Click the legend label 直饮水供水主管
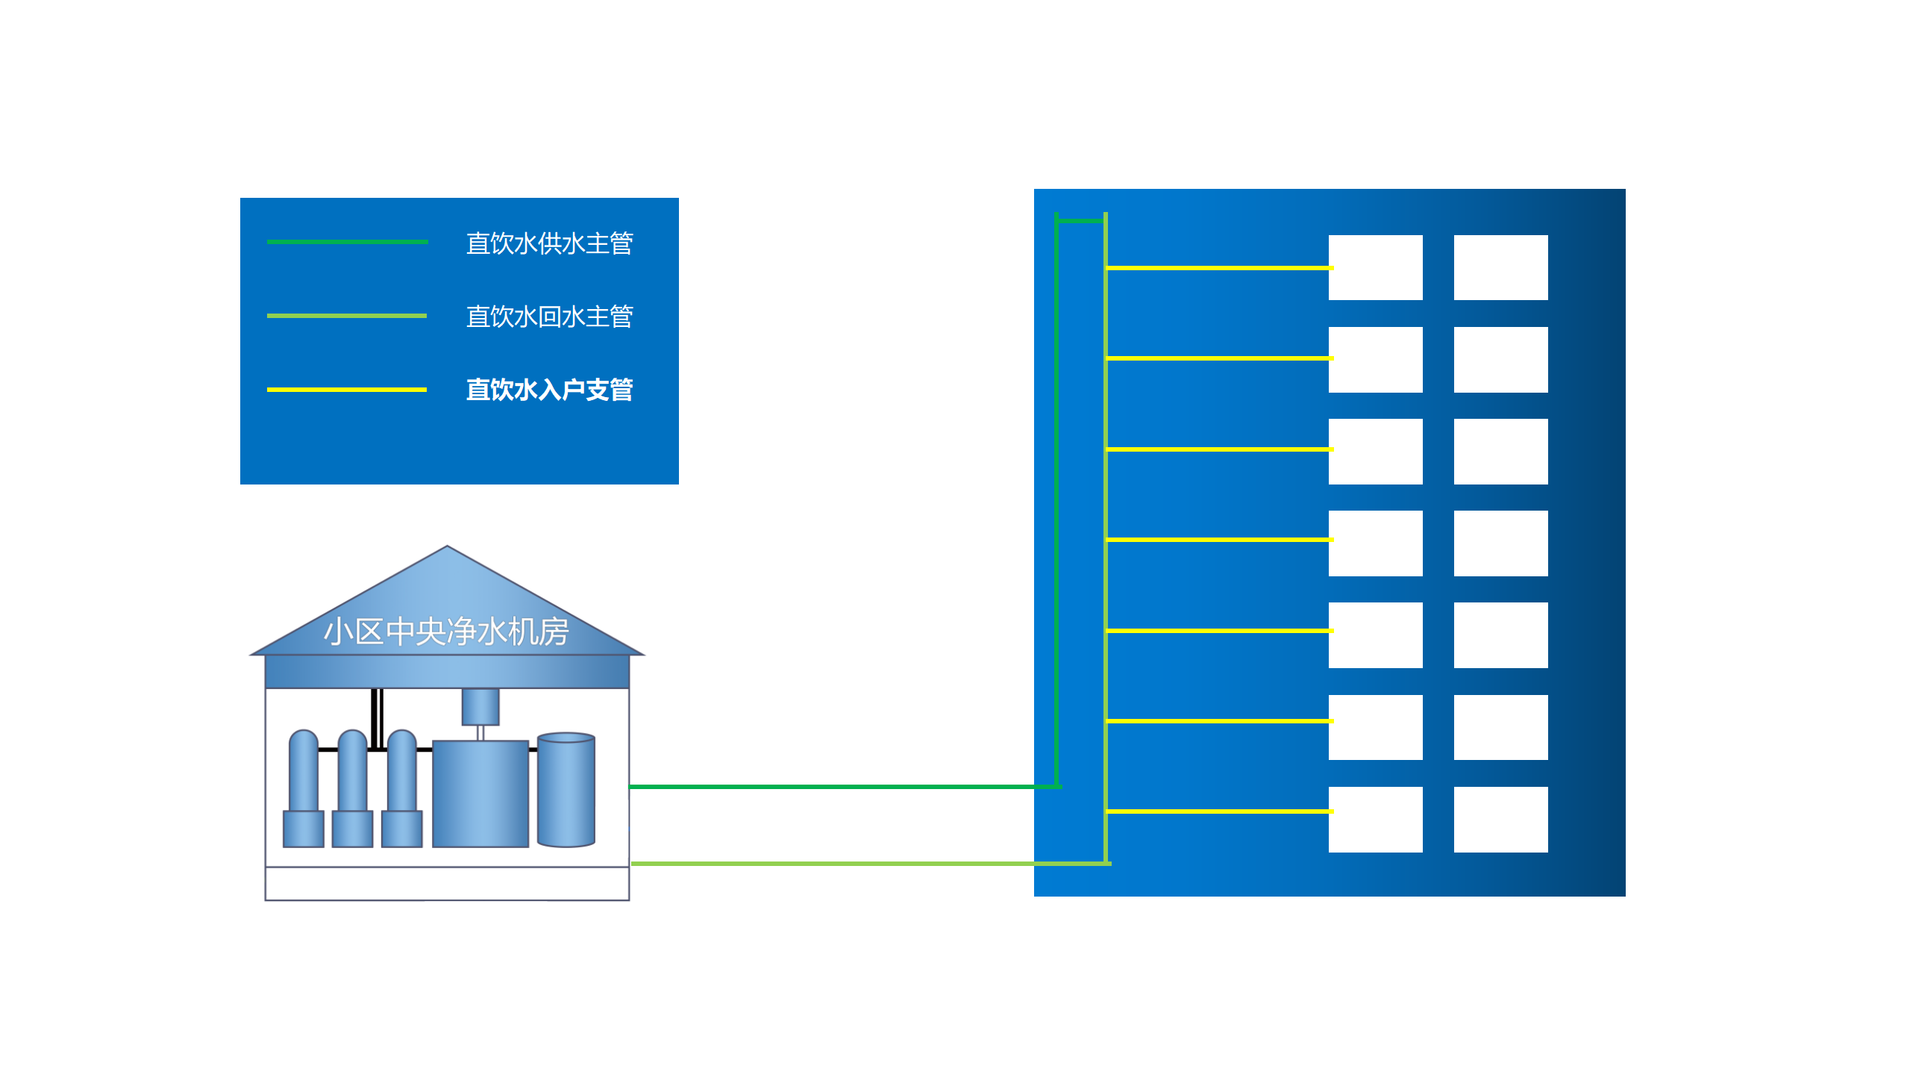coord(549,243)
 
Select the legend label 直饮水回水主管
coord(549,317)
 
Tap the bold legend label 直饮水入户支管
coord(549,390)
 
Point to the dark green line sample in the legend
coord(347,242)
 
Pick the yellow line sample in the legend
coord(347,390)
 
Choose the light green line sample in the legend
coord(347,316)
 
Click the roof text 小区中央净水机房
coord(446,632)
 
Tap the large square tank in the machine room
coord(480,794)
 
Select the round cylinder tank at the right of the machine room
coord(566,790)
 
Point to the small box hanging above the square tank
coord(480,706)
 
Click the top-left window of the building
coord(1375,267)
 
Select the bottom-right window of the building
coord(1500,819)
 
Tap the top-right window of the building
coord(1500,267)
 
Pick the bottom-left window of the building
coord(1375,819)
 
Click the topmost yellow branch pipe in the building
coord(1218,267)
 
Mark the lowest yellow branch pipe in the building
coord(1218,811)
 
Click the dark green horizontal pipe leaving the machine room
coord(828,787)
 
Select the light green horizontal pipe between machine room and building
coord(828,864)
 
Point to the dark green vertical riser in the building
coord(1056,500)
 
